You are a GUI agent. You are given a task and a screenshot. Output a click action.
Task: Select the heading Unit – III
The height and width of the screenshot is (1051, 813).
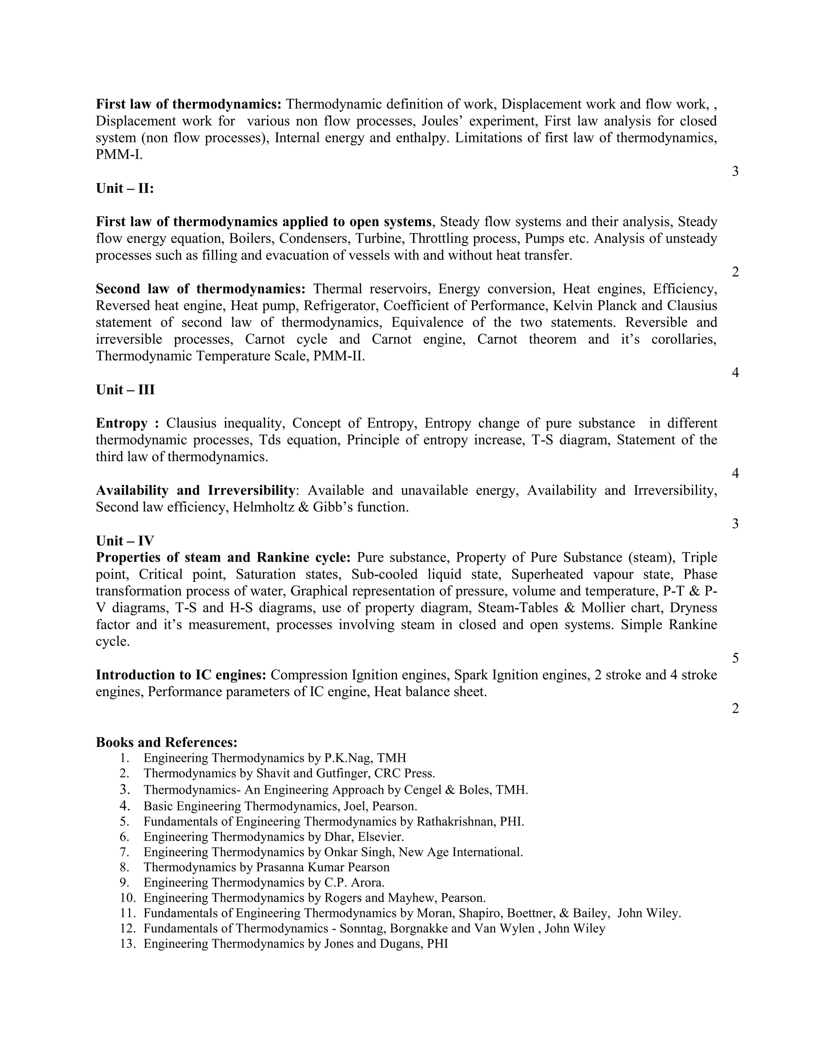click(125, 389)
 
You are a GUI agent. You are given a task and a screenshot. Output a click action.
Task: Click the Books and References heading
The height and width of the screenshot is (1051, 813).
click(167, 742)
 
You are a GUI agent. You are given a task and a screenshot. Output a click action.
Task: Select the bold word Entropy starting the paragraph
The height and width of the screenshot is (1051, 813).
click(121, 423)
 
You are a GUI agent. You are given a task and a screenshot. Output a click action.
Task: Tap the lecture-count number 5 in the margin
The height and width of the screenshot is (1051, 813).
click(735, 658)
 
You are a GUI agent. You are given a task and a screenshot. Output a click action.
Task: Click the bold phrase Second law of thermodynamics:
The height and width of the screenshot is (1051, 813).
click(200, 289)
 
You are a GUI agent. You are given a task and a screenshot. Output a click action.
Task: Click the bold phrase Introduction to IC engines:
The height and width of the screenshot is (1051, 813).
click(181, 675)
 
